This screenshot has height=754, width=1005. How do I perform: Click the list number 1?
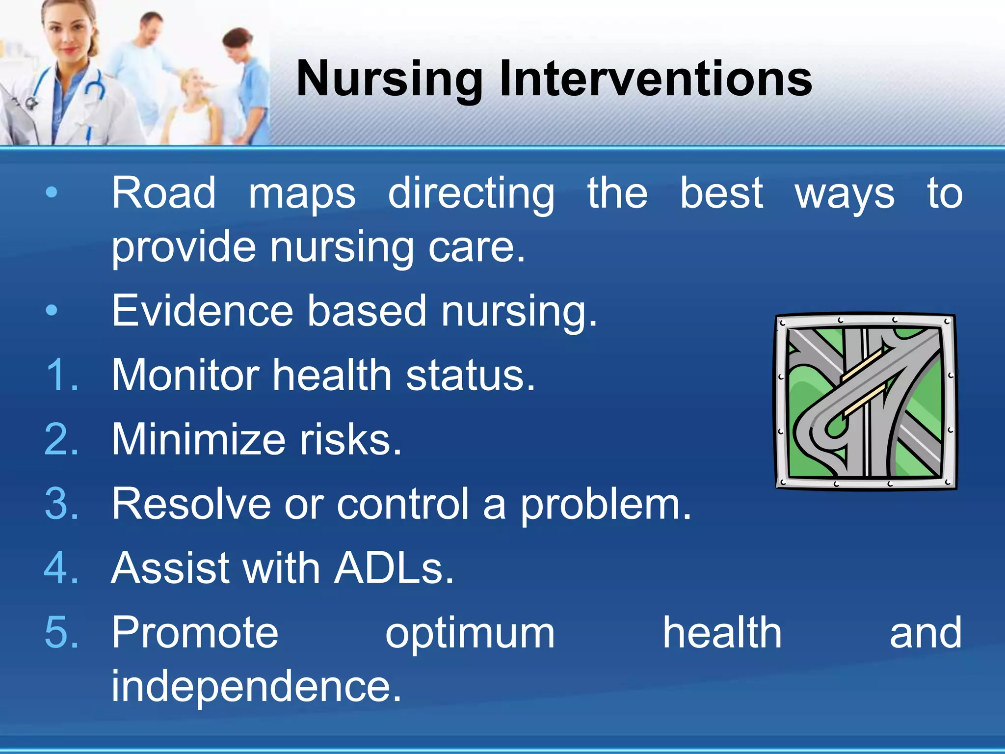[62, 375]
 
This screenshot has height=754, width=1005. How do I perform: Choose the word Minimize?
[198, 439]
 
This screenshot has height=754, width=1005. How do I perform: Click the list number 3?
[62, 504]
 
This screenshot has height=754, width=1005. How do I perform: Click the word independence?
[256, 686]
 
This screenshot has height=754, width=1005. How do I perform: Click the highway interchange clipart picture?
[866, 402]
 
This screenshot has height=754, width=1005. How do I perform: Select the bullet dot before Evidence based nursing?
[52, 311]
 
